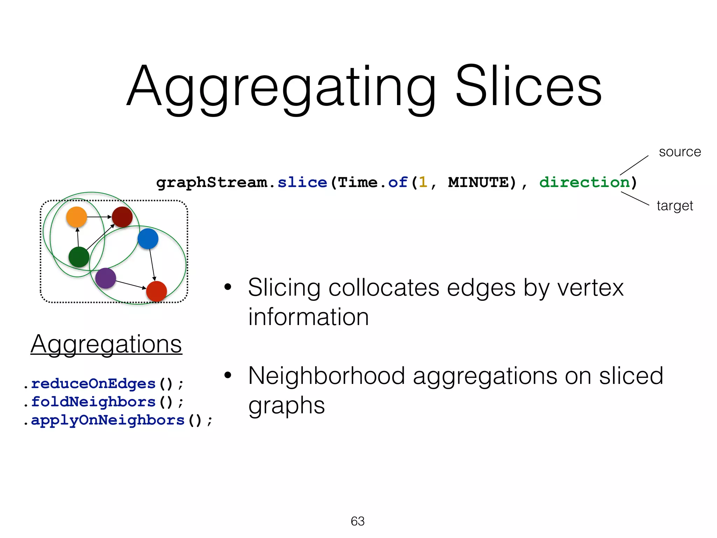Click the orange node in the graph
pos(76,217)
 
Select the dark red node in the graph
pos(122,217)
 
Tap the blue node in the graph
pos(148,239)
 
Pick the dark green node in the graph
pos(79,257)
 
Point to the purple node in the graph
pos(105,278)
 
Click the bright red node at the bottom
pos(156,291)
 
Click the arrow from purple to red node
pos(130,285)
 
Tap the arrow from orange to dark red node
pos(99,217)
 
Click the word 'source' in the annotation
pos(680,152)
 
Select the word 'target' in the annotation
pos(675,206)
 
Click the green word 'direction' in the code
pos(584,182)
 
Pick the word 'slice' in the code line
pos(302,182)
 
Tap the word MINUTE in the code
pos(478,182)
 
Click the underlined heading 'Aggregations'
pos(106,344)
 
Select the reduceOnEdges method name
pos(93,384)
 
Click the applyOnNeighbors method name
pos(107,420)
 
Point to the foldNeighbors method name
pos(93,402)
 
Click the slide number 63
pos(357,521)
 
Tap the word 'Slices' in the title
pos(528,87)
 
